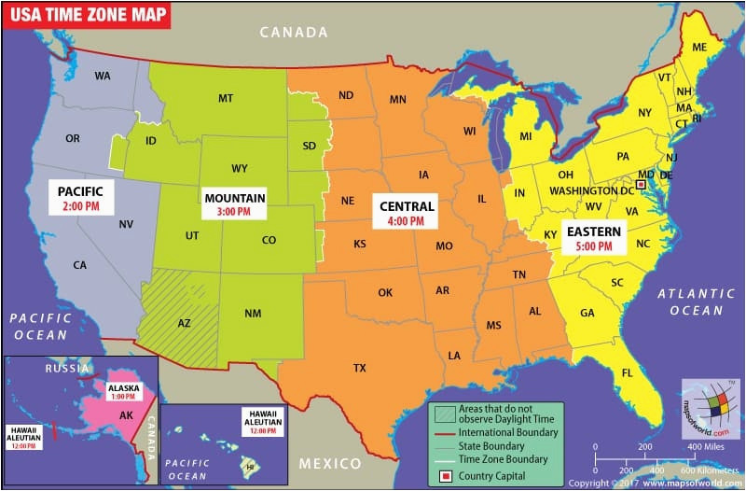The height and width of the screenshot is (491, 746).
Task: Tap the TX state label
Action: pyautogui.click(x=359, y=368)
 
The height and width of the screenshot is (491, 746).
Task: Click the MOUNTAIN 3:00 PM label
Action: pyautogui.click(x=235, y=204)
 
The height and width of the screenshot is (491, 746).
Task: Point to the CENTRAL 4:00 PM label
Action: pyautogui.click(x=406, y=213)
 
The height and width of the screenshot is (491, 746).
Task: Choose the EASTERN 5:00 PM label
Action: pyautogui.click(x=594, y=237)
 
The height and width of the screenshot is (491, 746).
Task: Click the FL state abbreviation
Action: pyautogui.click(x=627, y=373)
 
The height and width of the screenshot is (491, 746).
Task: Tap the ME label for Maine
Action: pyautogui.click(x=699, y=48)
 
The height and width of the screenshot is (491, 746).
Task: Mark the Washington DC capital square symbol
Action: pyautogui.click(x=640, y=185)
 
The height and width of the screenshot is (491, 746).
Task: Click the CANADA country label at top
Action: pyautogui.click(x=294, y=33)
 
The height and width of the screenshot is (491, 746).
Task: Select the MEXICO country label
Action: pyautogui.click(x=330, y=464)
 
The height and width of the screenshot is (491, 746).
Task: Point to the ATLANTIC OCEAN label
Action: pyautogui.click(x=690, y=302)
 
